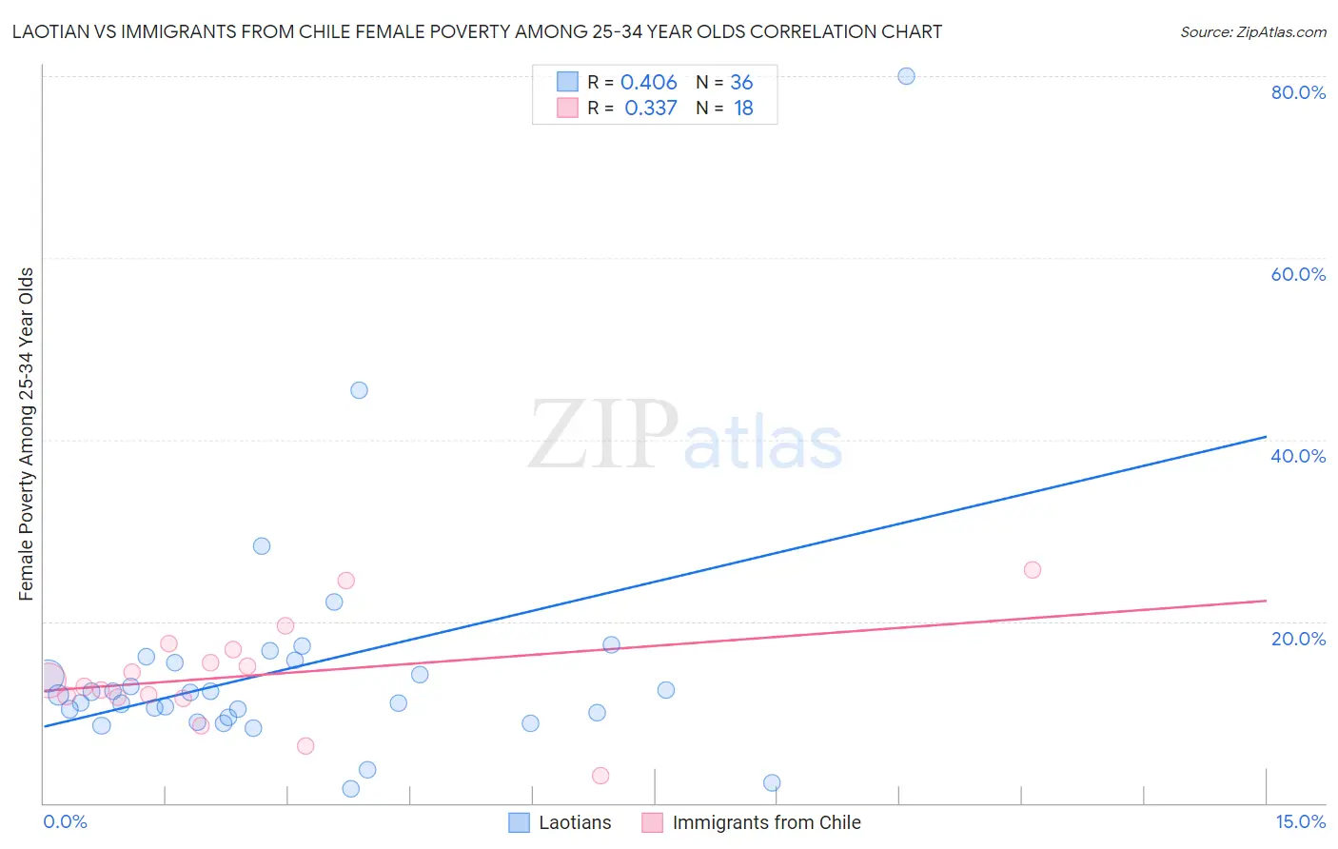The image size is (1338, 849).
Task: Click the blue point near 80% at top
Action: [906, 76]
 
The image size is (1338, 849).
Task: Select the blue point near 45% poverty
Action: [359, 390]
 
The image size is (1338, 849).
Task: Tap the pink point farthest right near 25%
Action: [1033, 570]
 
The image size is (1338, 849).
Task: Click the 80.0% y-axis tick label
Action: [1298, 92]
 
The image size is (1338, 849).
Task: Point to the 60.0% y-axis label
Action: [1298, 274]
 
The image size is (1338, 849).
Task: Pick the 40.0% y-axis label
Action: [1298, 456]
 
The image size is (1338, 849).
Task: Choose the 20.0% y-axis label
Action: [1298, 639]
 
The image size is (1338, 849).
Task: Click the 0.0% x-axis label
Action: [65, 822]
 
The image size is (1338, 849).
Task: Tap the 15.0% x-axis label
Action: [1300, 822]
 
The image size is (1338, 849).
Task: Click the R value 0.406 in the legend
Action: [648, 83]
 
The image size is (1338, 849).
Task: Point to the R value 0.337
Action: [650, 109]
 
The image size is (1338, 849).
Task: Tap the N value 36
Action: [741, 83]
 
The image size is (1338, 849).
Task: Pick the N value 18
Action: [743, 109]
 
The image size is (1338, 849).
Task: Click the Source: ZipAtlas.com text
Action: [1252, 32]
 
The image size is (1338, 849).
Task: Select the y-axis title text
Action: [27, 434]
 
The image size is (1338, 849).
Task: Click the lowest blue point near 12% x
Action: [772, 783]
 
